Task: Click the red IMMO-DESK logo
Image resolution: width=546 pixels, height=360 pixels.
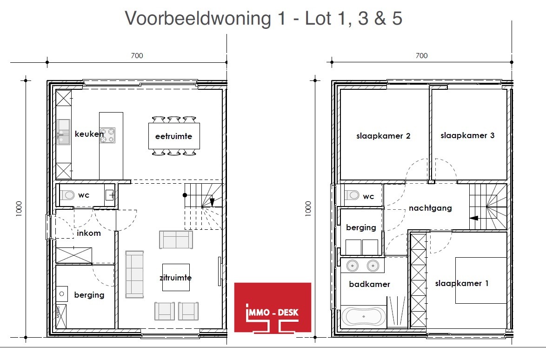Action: point(273,307)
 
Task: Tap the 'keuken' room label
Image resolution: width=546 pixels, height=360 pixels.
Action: point(89,133)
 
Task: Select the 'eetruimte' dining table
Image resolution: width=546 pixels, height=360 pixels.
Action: point(174,136)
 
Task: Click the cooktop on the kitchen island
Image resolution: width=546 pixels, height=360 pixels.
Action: point(107,135)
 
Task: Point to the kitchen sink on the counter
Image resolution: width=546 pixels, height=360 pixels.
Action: point(63,132)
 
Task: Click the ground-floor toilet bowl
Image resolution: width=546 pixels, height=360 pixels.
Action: point(67,195)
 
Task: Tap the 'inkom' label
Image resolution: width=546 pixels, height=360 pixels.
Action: point(89,233)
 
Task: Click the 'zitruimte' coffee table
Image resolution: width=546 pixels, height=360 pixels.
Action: point(176,277)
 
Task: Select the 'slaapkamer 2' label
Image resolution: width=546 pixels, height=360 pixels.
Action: point(383,136)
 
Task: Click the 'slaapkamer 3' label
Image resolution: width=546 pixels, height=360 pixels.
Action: point(467,135)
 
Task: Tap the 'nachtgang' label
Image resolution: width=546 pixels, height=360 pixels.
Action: point(430,208)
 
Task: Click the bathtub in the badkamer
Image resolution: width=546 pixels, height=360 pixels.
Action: point(364,317)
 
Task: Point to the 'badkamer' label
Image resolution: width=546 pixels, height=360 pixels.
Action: point(369,284)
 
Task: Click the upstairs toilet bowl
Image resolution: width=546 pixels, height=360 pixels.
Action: point(352,195)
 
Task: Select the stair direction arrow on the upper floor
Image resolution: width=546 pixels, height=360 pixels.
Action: point(474,218)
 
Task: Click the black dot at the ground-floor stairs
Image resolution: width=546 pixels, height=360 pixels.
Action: point(185,195)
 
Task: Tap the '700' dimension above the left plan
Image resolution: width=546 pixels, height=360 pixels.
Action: point(137,56)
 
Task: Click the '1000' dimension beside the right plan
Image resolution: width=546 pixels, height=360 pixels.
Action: point(308,208)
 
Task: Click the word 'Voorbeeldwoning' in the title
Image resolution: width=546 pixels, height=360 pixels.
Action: point(198,19)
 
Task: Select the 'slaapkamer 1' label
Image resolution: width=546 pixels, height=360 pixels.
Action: point(462,283)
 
